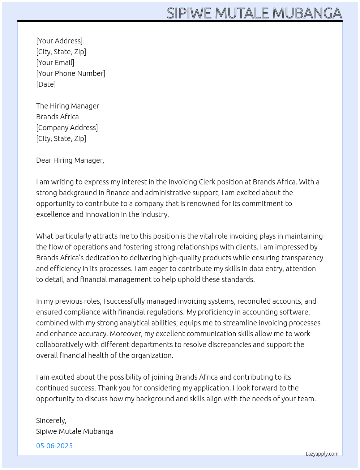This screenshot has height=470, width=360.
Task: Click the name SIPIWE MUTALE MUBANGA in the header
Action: tap(254, 13)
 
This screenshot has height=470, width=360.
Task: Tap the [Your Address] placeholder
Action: tap(59, 41)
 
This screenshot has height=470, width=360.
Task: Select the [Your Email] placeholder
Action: tap(55, 63)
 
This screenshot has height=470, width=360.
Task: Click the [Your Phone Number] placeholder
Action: tap(71, 73)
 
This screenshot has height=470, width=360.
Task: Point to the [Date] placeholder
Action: tap(46, 84)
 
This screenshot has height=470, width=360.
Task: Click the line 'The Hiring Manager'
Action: tap(68, 106)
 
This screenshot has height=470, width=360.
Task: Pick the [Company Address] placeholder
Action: tap(67, 128)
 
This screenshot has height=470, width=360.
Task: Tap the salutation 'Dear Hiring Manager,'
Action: tap(70, 160)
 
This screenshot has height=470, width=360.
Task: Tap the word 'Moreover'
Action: tap(125, 334)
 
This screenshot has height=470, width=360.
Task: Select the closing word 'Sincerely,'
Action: tap(51, 420)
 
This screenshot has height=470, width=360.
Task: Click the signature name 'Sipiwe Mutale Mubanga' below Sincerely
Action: tap(74, 431)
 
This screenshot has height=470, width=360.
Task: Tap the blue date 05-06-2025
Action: tap(55, 446)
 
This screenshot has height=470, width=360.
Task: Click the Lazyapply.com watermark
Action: tap(322, 454)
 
